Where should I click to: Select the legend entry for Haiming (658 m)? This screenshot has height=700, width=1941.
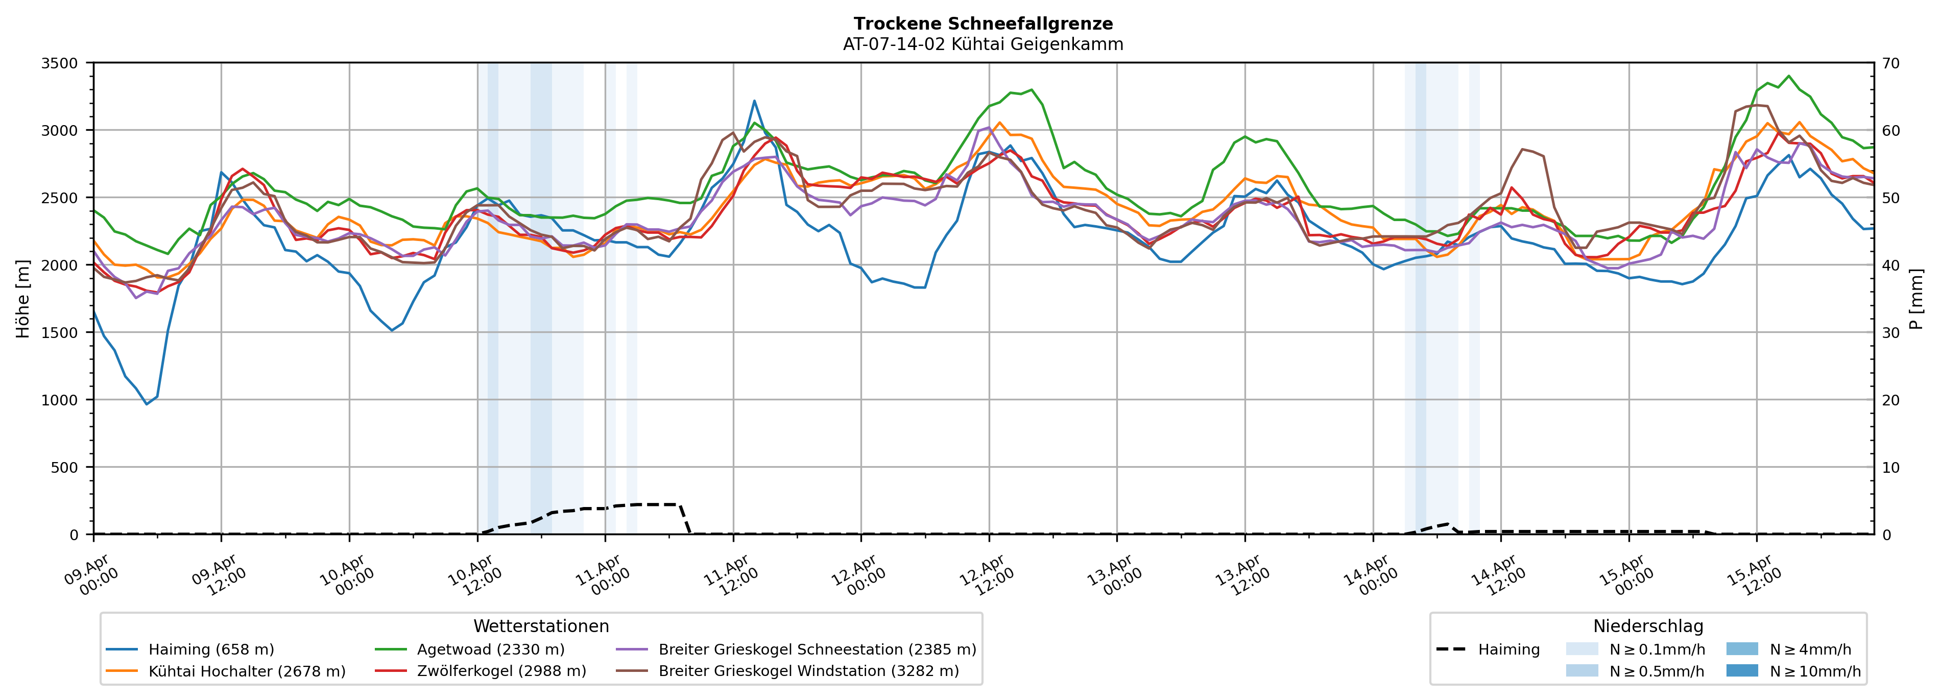[x=211, y=649]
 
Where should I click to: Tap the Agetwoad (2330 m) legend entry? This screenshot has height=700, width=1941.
[x=491, y=649]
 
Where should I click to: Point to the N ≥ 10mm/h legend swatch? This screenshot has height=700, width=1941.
[x=1741, y=670]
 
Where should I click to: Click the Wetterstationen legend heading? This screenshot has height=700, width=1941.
[x=541, y=626]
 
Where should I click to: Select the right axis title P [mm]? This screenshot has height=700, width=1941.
[x=1916, y=299]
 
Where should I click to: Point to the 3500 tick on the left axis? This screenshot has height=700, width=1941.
[x=60, y=63]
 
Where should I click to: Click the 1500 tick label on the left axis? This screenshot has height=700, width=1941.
[x=60, y=333]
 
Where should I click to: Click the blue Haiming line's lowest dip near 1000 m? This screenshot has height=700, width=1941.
[x=147, y=404]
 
